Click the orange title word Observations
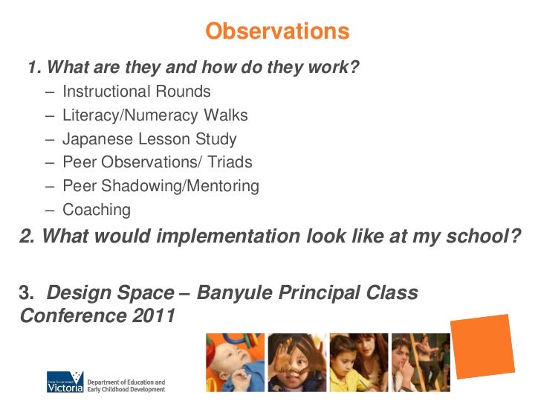276,31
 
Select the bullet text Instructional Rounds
137,92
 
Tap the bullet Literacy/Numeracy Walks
155,116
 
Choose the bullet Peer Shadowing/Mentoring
161,186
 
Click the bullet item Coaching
97,210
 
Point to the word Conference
65,316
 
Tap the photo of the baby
235,363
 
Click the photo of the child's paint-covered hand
297,363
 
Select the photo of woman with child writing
358,363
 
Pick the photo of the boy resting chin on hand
421,363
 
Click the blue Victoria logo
65,383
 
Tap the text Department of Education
126,379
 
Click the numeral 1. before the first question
34,68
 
